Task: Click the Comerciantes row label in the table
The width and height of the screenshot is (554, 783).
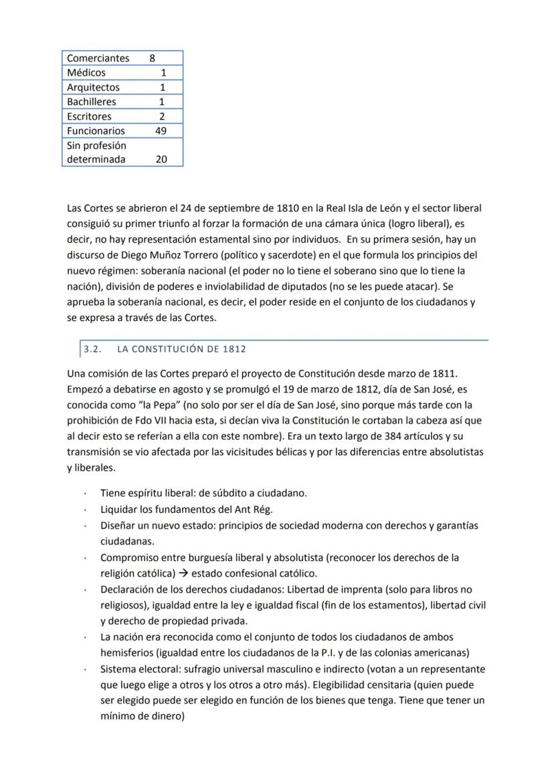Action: pyautogui.click(x=98, y=58)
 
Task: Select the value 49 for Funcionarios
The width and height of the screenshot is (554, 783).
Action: pyautogui.click(x=161, y=131)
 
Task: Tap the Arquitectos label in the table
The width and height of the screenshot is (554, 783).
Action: pyautogui.click(x=93, y=88)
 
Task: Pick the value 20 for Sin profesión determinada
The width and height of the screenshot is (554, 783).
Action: pyautogui.click(x=161, y=160)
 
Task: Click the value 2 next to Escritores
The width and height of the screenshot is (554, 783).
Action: pyautogui.click(x=162, y=116)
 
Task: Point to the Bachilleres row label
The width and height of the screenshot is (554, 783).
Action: pyautogui.click(x=91, y=102)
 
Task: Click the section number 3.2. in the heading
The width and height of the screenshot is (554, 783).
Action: pyautogui.click(x=92, y=349)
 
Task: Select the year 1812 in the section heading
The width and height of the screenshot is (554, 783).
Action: pyautogui.click(x=233, y=349)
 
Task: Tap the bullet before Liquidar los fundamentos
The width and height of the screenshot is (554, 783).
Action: pyautogui.click(x=84, y=510)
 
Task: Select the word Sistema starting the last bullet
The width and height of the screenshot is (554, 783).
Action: pyautogui.click(x=119, y=669)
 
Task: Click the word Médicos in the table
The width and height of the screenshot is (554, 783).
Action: pyautogui.click(x=86, y=73)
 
